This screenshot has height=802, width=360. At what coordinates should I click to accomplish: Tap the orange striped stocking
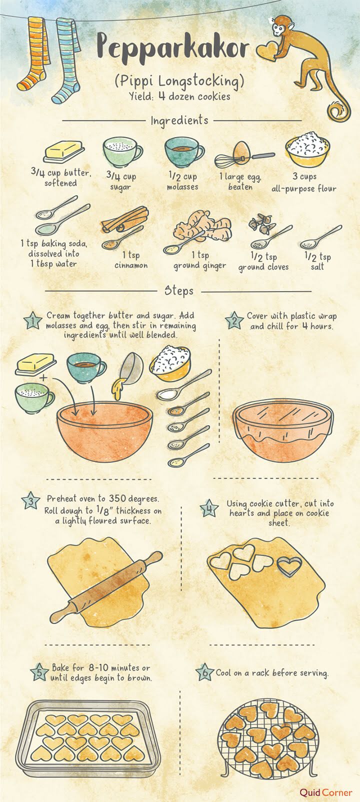tap(35, 55)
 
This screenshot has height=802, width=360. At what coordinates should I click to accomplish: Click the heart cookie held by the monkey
tap(266, 50)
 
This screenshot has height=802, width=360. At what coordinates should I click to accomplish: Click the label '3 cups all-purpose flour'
tap(303, 182)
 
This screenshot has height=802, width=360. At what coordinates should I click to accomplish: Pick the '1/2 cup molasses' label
tap(182, 181)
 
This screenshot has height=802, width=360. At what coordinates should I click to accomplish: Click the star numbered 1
tap(32, 321)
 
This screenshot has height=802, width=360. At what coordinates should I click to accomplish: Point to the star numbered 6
tap(204, 672)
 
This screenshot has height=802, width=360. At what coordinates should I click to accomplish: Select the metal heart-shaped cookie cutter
tap(289, 566)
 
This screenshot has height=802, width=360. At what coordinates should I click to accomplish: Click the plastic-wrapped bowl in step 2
tap(282, 430)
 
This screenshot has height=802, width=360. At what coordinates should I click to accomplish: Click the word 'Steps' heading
tap(179, 290)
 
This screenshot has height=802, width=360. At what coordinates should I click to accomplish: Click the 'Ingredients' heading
tap(179, 120)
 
